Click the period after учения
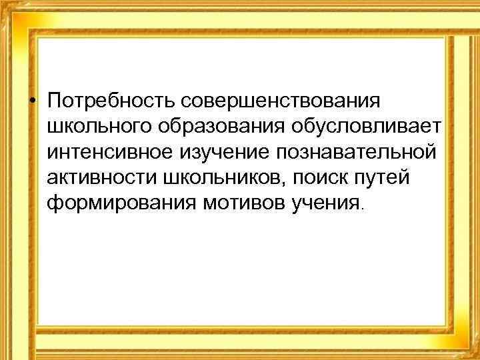[x=362, y=207]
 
